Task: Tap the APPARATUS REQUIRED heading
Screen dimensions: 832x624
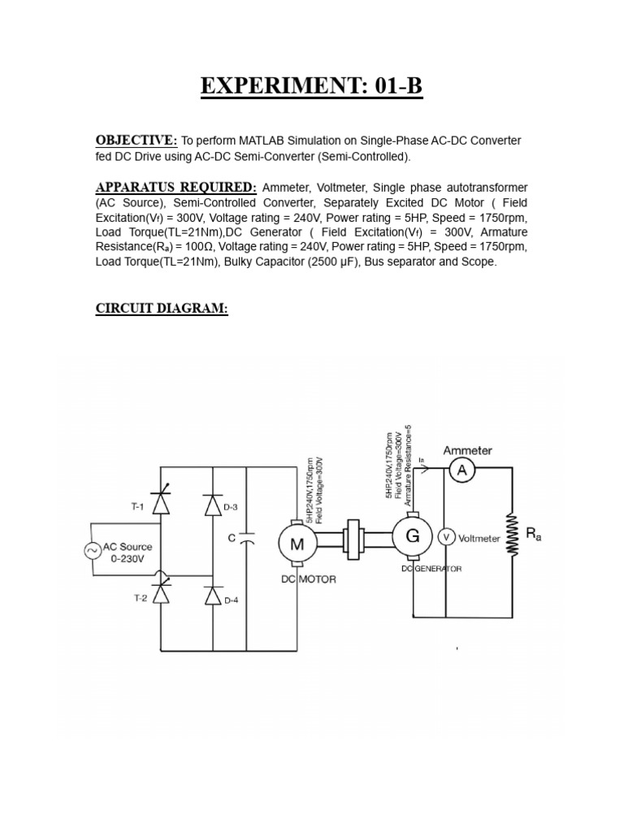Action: (x=175, y=188)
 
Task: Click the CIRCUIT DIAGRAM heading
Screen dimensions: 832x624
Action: (x=162, y=309)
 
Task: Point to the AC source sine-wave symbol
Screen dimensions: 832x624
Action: (x=91, y=551)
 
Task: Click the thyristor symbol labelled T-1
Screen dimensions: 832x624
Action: (x=160, y=505)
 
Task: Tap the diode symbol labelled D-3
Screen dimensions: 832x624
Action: (x=213, y=505)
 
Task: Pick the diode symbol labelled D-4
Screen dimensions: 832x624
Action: (x=213, y=596)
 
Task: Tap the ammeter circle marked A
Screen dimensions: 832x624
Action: (x=461, y=470)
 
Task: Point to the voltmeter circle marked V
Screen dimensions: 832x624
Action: (x=445, y=536)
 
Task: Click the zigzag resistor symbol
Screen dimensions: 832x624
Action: (x=512, y=534)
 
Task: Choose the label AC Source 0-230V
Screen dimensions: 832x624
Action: (x=127, y=552)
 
